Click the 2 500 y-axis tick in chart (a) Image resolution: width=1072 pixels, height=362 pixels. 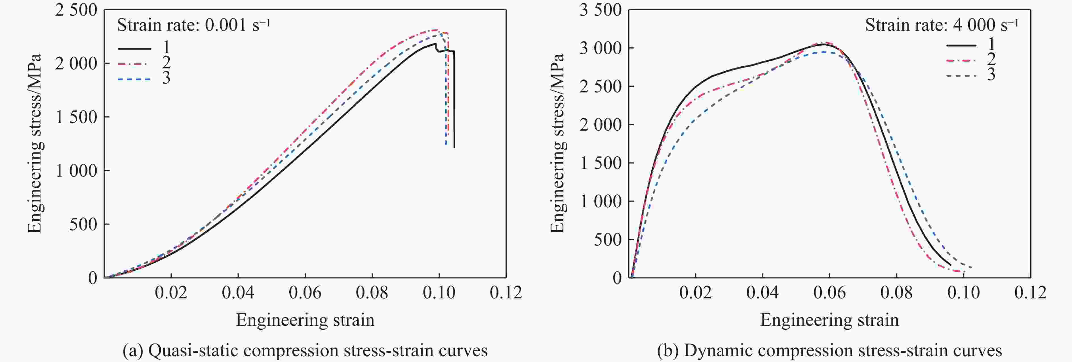tap(76, 10)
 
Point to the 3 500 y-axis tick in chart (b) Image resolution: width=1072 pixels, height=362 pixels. tap(600, 10)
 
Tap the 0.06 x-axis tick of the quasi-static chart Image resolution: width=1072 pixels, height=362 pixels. tap(305, 292)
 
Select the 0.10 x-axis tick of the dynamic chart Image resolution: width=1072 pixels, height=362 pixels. tap(963, 292)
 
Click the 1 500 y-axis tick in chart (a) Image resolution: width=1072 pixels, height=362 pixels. tap(76, 117)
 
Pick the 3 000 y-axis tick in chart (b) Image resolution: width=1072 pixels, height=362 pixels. tap(600, 48)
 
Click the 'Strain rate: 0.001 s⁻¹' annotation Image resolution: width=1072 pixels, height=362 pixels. tap(193, 25)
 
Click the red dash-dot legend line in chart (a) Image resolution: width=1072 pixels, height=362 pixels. tap(134, 64)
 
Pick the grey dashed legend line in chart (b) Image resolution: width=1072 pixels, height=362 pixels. tap(961, 76)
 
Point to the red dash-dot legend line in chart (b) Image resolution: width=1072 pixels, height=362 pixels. tap(961, 60)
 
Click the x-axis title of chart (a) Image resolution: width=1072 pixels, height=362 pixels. tap(305, 320)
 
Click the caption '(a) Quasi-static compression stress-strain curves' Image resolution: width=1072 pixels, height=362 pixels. tap(305, 350)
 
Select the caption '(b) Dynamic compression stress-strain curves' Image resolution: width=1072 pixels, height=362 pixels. tap(829, 350)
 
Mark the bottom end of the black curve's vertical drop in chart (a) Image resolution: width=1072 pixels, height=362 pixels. tap(454, 147)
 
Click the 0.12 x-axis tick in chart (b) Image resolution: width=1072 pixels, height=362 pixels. tap(1030, 292)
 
